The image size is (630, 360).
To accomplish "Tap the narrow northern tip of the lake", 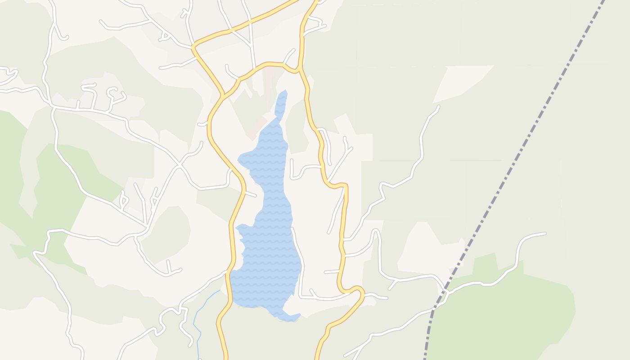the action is click(282, 97).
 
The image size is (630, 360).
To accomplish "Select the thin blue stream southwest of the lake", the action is click(196, 324).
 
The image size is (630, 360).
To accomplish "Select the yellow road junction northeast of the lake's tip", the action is click(298, 70).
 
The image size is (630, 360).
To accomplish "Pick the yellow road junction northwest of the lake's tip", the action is click(223, 95).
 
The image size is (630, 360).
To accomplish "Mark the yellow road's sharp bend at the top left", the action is click(194, 45).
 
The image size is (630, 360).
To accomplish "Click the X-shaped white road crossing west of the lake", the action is click(180, 165).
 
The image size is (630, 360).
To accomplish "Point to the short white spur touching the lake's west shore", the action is click(250, 194).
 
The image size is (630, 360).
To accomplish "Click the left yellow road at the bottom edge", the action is click(224, 353).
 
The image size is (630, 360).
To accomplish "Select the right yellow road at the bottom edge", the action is click(319, 353).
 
